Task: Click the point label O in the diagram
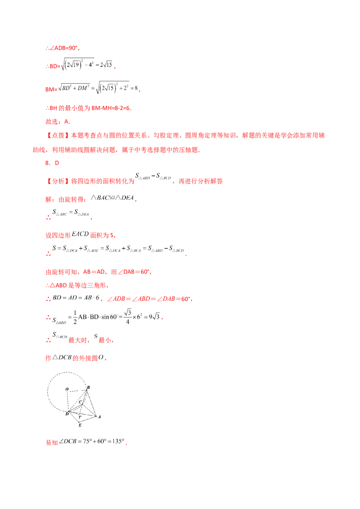67,389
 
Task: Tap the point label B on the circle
88,387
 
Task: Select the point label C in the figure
81,402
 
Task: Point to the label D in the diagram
67,414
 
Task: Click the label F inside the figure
80,418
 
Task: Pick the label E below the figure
80,425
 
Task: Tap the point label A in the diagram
99,417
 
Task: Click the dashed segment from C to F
80,410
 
